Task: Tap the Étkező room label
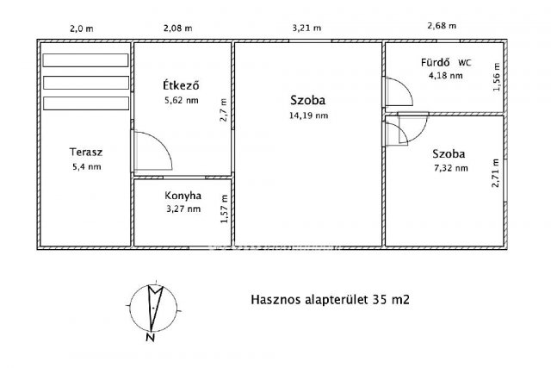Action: pos(182,85)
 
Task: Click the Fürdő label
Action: pos(433,62)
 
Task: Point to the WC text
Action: pos(465,62)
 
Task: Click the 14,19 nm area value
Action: pos(307,114)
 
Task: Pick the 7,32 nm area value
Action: pos(450,168)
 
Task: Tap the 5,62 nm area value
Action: pos(181,100)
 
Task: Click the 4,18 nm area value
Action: pos(445,76)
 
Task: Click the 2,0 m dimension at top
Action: pos(82,28)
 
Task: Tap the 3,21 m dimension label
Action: pos(307,28)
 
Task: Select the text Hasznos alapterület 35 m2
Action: pos(329,301)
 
